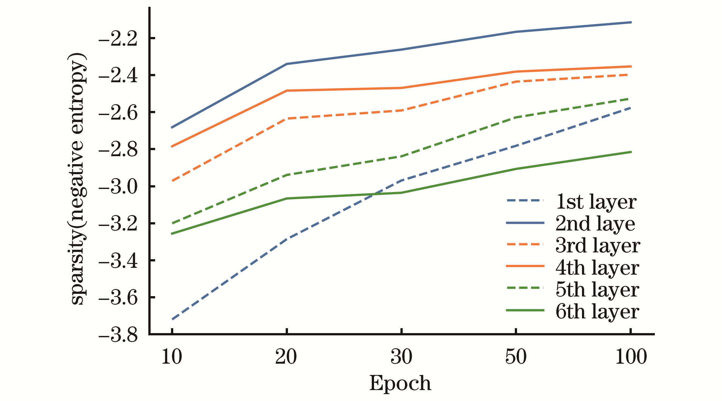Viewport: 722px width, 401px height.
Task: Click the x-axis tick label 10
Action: coord(172,356)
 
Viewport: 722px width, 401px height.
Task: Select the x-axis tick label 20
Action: coord(286,356)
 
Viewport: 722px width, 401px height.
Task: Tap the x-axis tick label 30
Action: coord(401,356)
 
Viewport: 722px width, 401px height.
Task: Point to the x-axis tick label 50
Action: coord(516,356)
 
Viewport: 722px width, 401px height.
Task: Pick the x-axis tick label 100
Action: coord(631,356)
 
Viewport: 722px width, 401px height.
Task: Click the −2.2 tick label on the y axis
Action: coord(118,39)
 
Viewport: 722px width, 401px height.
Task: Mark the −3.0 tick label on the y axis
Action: coord(118,187)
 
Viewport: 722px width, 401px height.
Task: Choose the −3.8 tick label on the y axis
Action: coord(118,335)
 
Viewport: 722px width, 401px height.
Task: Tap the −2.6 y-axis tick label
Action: coord(118,113)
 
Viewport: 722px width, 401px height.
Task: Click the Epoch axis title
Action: coord(400,384)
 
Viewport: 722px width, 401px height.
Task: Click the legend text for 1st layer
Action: coord(596,202)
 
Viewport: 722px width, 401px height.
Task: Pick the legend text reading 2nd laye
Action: coord(595,224)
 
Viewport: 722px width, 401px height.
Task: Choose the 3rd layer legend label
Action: coord(598,246)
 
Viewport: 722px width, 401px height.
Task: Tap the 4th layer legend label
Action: coord(597,267)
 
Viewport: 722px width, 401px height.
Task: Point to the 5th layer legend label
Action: coord(597,289)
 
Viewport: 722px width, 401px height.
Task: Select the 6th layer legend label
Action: coord(597,311)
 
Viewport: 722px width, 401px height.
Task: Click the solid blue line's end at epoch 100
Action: coord(631,22)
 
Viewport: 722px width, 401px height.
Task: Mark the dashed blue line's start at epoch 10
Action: coord(172,319)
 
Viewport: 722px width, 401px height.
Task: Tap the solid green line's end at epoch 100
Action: coord(631,152)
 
